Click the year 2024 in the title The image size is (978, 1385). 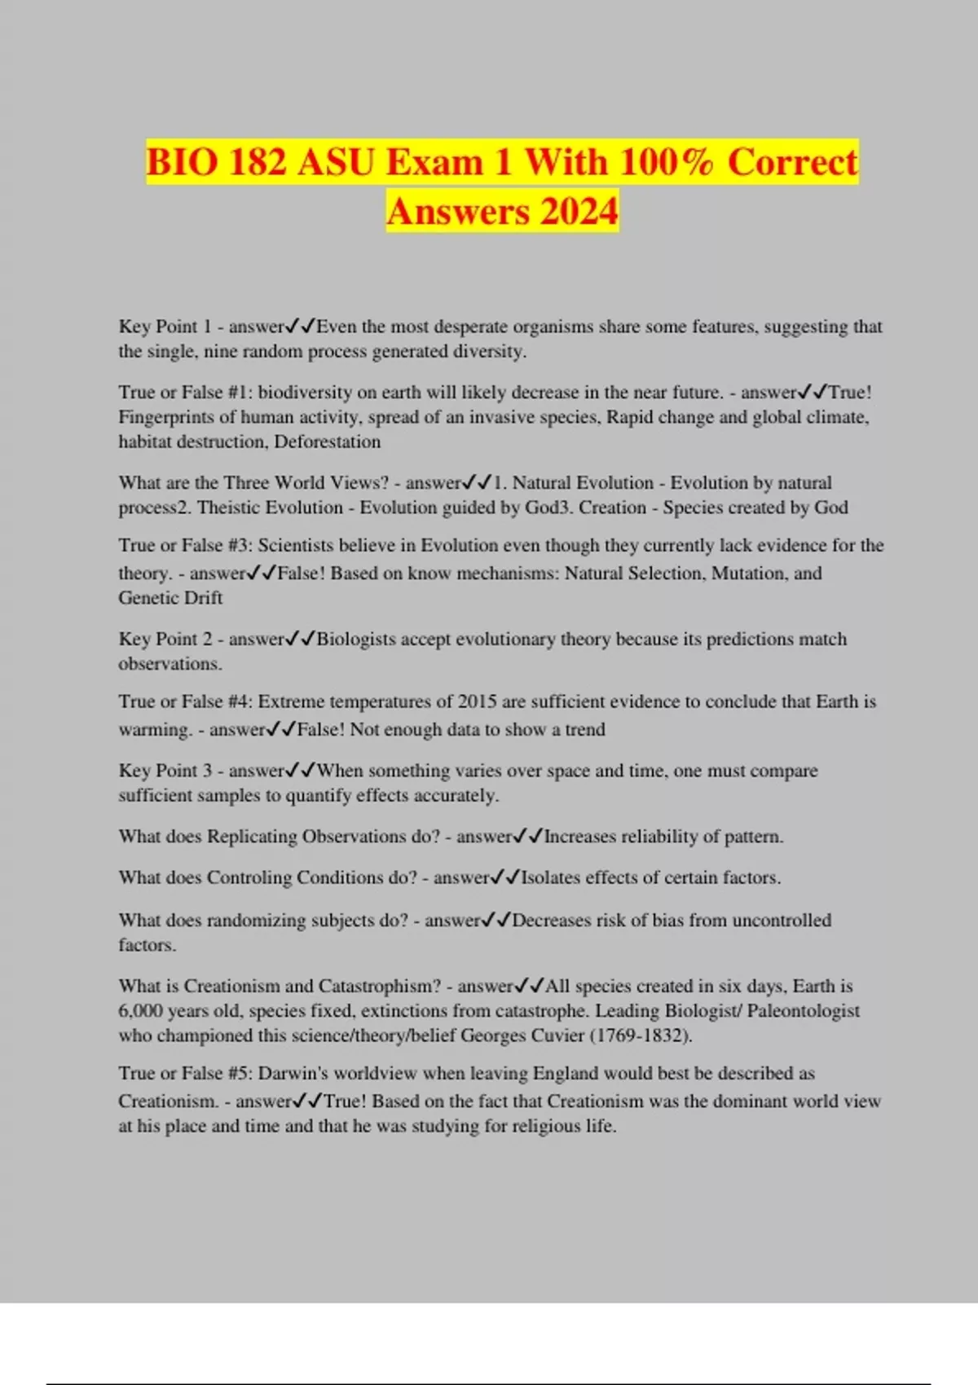pos(578,212)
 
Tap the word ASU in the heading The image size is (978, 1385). pos(336,161)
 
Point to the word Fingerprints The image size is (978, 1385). pos(163,417)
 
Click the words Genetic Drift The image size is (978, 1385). pos(170,598)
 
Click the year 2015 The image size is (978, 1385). pos(477,701)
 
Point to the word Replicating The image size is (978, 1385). pos(251,837)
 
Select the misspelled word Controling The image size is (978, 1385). pos(249,877)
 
